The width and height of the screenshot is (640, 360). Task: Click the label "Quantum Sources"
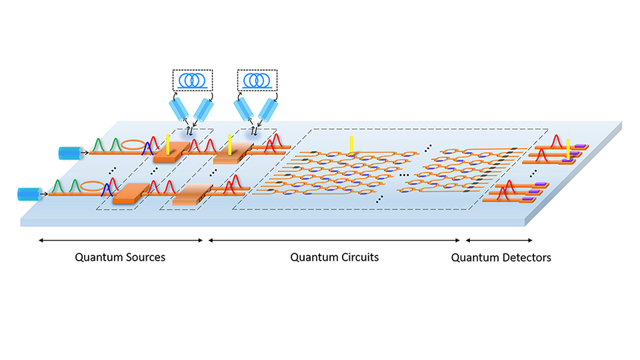tap(120, 257)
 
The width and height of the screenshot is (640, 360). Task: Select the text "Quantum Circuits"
tap(335, 257)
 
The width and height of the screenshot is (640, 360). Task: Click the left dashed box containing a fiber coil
tap(192, 81)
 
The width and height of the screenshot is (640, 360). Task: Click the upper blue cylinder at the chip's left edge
tap(69, 153)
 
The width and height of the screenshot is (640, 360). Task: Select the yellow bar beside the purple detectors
tap(567, 150)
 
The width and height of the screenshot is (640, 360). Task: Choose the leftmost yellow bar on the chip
tap(168, 145)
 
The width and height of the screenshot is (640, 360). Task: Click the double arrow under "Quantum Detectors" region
tap(499, 240)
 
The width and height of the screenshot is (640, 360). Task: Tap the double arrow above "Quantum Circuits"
tap(335, 240)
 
